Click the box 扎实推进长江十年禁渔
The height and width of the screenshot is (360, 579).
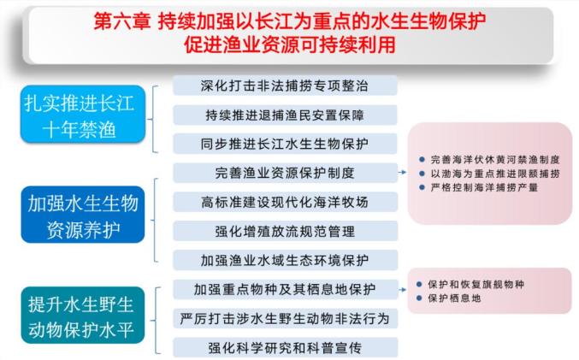pyautogui.click(x=83, y=115)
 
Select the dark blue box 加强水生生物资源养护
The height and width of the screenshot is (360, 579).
pyautogui.click(x=83, y=215)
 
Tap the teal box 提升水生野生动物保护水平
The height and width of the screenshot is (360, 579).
pyautogui.click(x=83, y=315)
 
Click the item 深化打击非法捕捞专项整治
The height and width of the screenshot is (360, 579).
pyautogui.click(x=285, y=86)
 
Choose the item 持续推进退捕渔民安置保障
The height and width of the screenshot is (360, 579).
pyautogui.click(x=285, y=115)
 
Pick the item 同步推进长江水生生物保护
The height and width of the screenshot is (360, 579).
pyautogui.click(x=285, y=144)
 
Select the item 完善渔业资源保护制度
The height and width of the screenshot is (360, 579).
pyautogui.click(x=285, y=173)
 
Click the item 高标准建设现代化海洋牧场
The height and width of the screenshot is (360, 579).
pyautogui.click(x=285, y=202)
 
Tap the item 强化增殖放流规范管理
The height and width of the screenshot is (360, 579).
pyautogui.click(x=285, y=231)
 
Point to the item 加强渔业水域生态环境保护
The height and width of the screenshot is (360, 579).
pyautogui.click(x=285, y=260)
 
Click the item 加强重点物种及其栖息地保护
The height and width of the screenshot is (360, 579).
pyautogui.click(x=285, y=289)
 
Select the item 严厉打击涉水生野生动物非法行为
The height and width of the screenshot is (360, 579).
pyautogui.click(x=285, y=318)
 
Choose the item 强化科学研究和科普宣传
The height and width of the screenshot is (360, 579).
pyautogui.click(x=285, y=347)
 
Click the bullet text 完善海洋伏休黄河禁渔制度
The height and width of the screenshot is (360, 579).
pyautogui.click(x=495, y=160)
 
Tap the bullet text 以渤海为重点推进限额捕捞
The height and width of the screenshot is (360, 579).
pyautogui.click(x=495, y=174)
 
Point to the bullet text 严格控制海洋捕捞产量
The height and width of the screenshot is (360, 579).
pyautogui.click(x=484, y=187)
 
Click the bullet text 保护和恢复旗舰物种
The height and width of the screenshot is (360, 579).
pyautogui.click(x=476, y=284)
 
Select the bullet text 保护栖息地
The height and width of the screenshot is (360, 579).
pyautogui.click(x=454, y=298)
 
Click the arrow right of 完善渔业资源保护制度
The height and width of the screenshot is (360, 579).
pyautogui.click(x=403, y=172)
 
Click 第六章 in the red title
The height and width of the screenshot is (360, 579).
pyautogui.click(x=122, y=21)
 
